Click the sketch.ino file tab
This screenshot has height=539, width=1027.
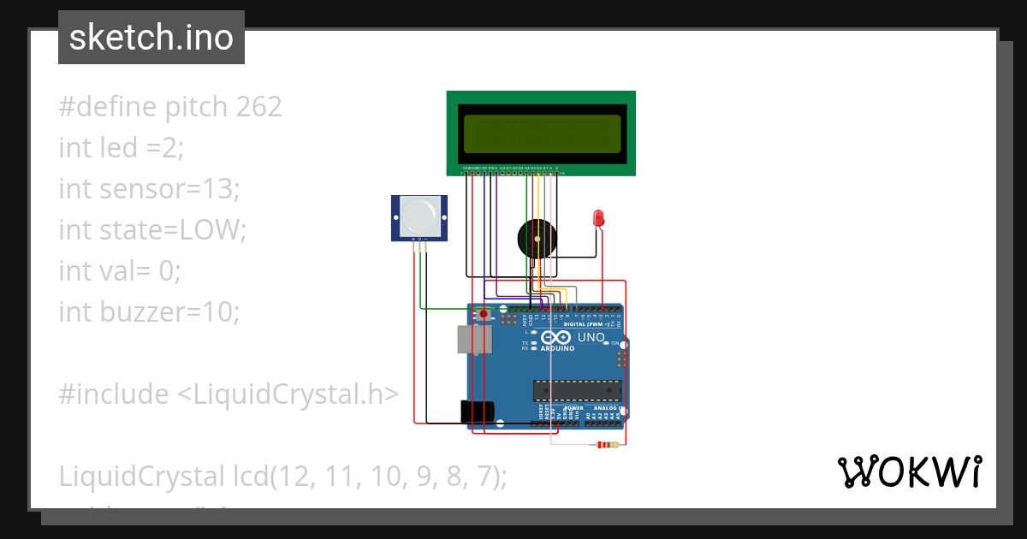click(x=151, y=38)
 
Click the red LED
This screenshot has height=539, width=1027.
click(x=598, y=218)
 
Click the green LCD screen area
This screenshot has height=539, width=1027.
click(x=542, y=133)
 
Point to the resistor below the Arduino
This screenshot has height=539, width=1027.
click(x=608, y=444)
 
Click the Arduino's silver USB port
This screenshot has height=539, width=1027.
click(x=475, y=340)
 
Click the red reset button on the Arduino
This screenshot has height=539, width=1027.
click(x=484, y=315)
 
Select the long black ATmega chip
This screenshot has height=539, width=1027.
click(x=577, y=390)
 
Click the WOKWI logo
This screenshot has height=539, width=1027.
click(x=909, y=472)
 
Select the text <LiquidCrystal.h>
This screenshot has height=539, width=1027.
click(x=288, y=394)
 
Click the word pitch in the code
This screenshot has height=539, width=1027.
click(x=193, y=107)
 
